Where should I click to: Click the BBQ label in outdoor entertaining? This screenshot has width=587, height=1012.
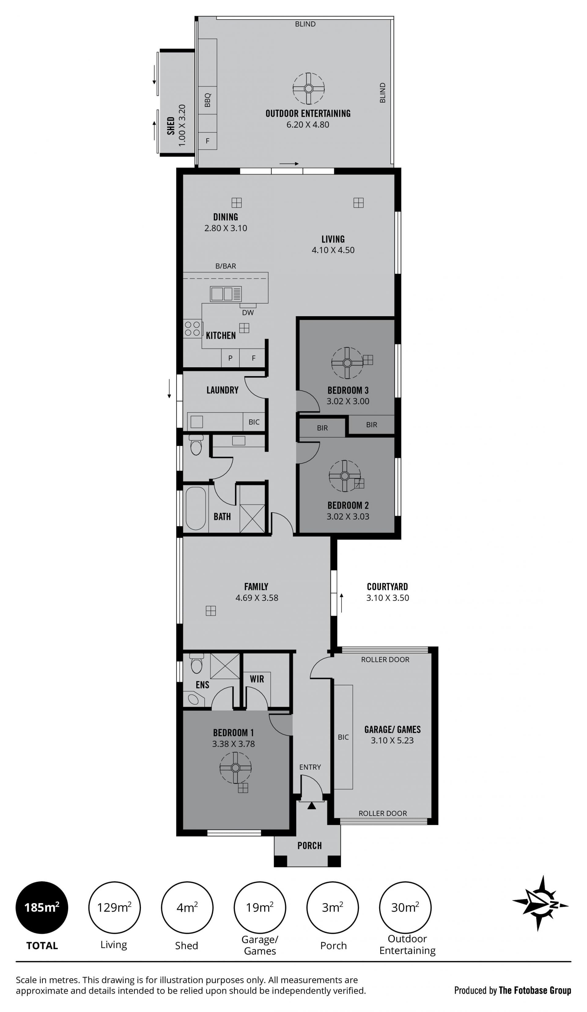click(208, 100)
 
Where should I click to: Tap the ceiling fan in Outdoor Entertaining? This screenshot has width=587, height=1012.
click(308, 89)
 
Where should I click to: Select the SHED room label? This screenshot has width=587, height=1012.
click(171, 126)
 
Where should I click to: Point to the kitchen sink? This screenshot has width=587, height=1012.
click(226, 294)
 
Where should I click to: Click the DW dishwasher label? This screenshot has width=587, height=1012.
click(248, 313)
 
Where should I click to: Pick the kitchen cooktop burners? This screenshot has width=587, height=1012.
click(192, 328)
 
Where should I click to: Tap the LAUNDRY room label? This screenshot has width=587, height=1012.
click(223, 390)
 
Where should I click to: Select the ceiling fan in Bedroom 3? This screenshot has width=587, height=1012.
click(347, 363)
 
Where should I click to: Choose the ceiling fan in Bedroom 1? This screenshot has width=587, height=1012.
click(236, 768)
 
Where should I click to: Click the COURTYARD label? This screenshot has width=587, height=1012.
click(387, 587)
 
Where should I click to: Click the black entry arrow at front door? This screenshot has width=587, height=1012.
click(312, 806)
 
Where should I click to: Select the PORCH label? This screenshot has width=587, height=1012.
click(310, 845)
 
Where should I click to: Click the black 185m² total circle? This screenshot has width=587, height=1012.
click(42, 908)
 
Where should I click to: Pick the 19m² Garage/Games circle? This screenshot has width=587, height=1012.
click(260, 908)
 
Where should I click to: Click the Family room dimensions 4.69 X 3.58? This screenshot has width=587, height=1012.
click(257, 598)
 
